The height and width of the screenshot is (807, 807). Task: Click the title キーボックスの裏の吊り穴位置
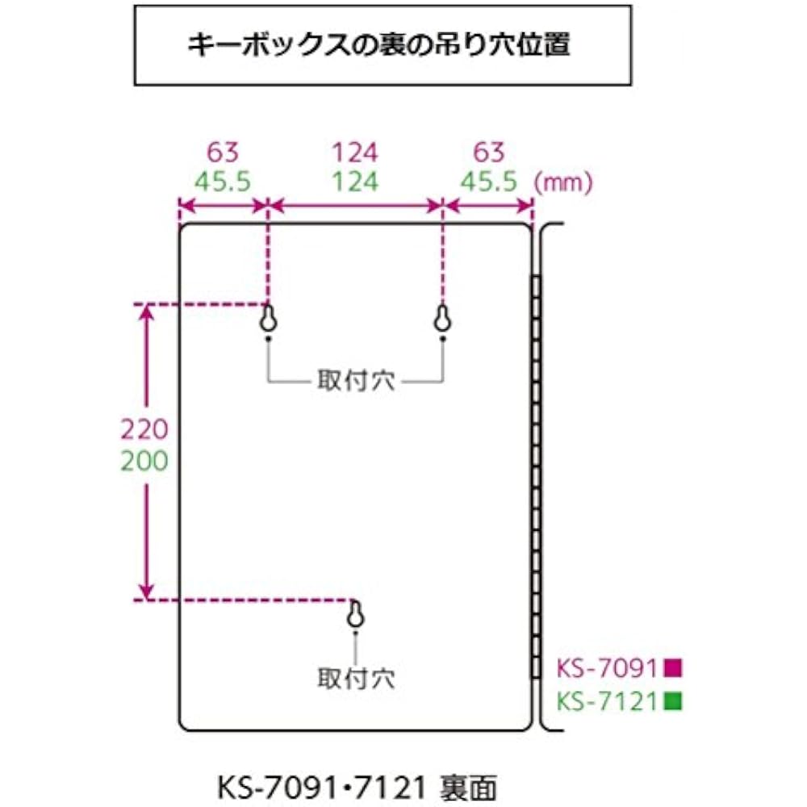[x=378, y=44]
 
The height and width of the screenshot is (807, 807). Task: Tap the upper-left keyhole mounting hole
[x=268, y=319]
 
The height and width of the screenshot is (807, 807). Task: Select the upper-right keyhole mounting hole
[x=442, y=319]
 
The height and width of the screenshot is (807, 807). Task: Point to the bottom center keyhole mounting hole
[x=356, y=614]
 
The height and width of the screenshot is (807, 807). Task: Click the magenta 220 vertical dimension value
[x=144, y=429]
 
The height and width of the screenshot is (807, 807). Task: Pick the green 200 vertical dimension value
[x=144, y=461]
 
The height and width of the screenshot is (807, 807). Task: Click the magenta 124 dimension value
[x=355, y=153]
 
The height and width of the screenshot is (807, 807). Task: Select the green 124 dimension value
[x=355, y=182]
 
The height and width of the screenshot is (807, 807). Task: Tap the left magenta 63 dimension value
[x=223, y=153]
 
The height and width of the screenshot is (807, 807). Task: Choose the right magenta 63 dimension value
[x=489, y=153]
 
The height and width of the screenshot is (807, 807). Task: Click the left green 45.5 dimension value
[x=223, y=182]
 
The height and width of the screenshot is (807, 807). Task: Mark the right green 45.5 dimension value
[x=489, y=182]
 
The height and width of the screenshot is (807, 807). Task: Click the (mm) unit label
[x=563, y=182]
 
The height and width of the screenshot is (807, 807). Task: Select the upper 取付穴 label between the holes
[x=356, y=381]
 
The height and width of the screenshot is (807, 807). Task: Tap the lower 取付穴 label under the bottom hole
[x=356, y=679]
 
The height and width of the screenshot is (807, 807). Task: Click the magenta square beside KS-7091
[x=673, y=667]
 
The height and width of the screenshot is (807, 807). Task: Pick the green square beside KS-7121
[x=673, y=701]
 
